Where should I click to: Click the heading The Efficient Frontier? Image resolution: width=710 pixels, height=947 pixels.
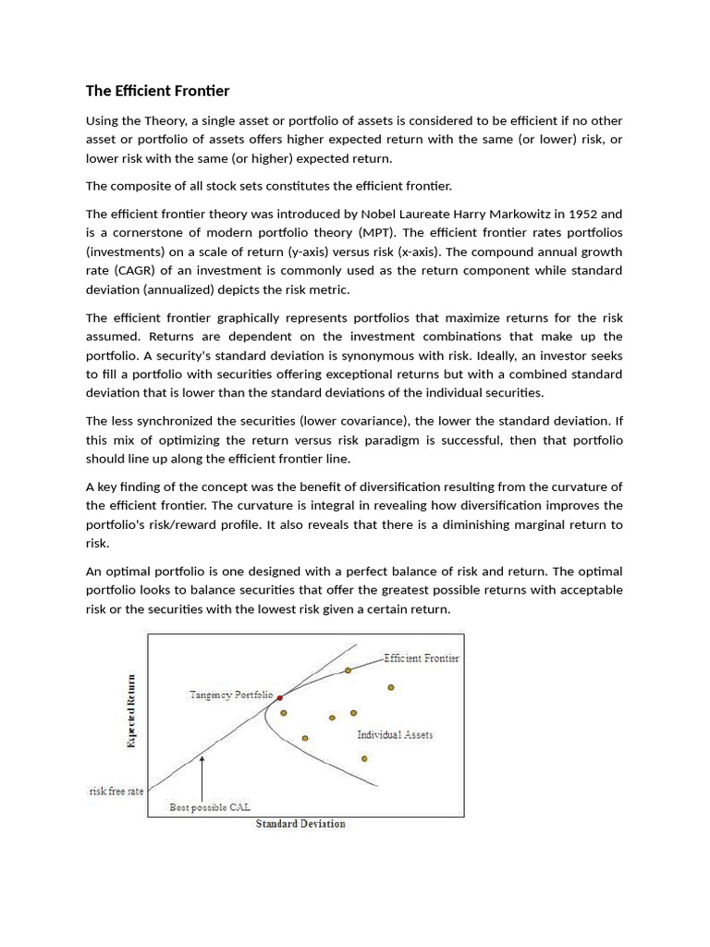coord(157,91)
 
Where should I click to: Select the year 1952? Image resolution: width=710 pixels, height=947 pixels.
coord(581,213)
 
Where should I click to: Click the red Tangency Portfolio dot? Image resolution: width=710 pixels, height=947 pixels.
coord(279,696)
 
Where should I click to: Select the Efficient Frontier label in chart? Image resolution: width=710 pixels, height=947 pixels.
coord(422,658)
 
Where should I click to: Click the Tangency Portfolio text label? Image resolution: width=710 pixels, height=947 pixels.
coord(230,694)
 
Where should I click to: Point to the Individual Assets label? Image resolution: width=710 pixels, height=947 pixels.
coord(395,734)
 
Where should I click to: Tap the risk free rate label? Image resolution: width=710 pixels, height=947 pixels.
coord(116,792)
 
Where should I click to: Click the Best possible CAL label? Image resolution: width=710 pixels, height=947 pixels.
coord(210,807)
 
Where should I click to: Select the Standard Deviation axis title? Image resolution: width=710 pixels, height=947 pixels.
coord(300,824)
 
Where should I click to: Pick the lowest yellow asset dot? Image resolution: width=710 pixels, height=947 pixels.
coord(364,758)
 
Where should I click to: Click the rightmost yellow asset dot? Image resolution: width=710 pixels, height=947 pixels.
coord(391,687)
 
